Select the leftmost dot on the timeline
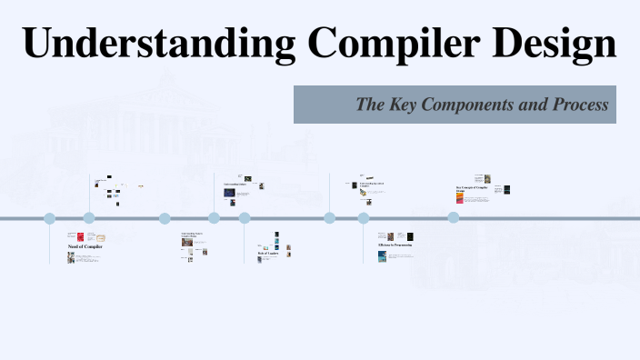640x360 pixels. coord(50,218)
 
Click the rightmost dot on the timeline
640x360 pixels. coord(454,218)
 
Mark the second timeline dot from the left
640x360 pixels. coord(89,218)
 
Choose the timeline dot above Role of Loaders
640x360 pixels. coord(245,218)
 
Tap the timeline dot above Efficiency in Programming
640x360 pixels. coord(364,218)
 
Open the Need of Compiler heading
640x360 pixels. coord(85,247)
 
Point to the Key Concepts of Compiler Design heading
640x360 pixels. coord(473,190)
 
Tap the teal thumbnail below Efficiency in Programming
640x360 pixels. coord(383,256)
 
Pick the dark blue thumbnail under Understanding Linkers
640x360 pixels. coord(239,193)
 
